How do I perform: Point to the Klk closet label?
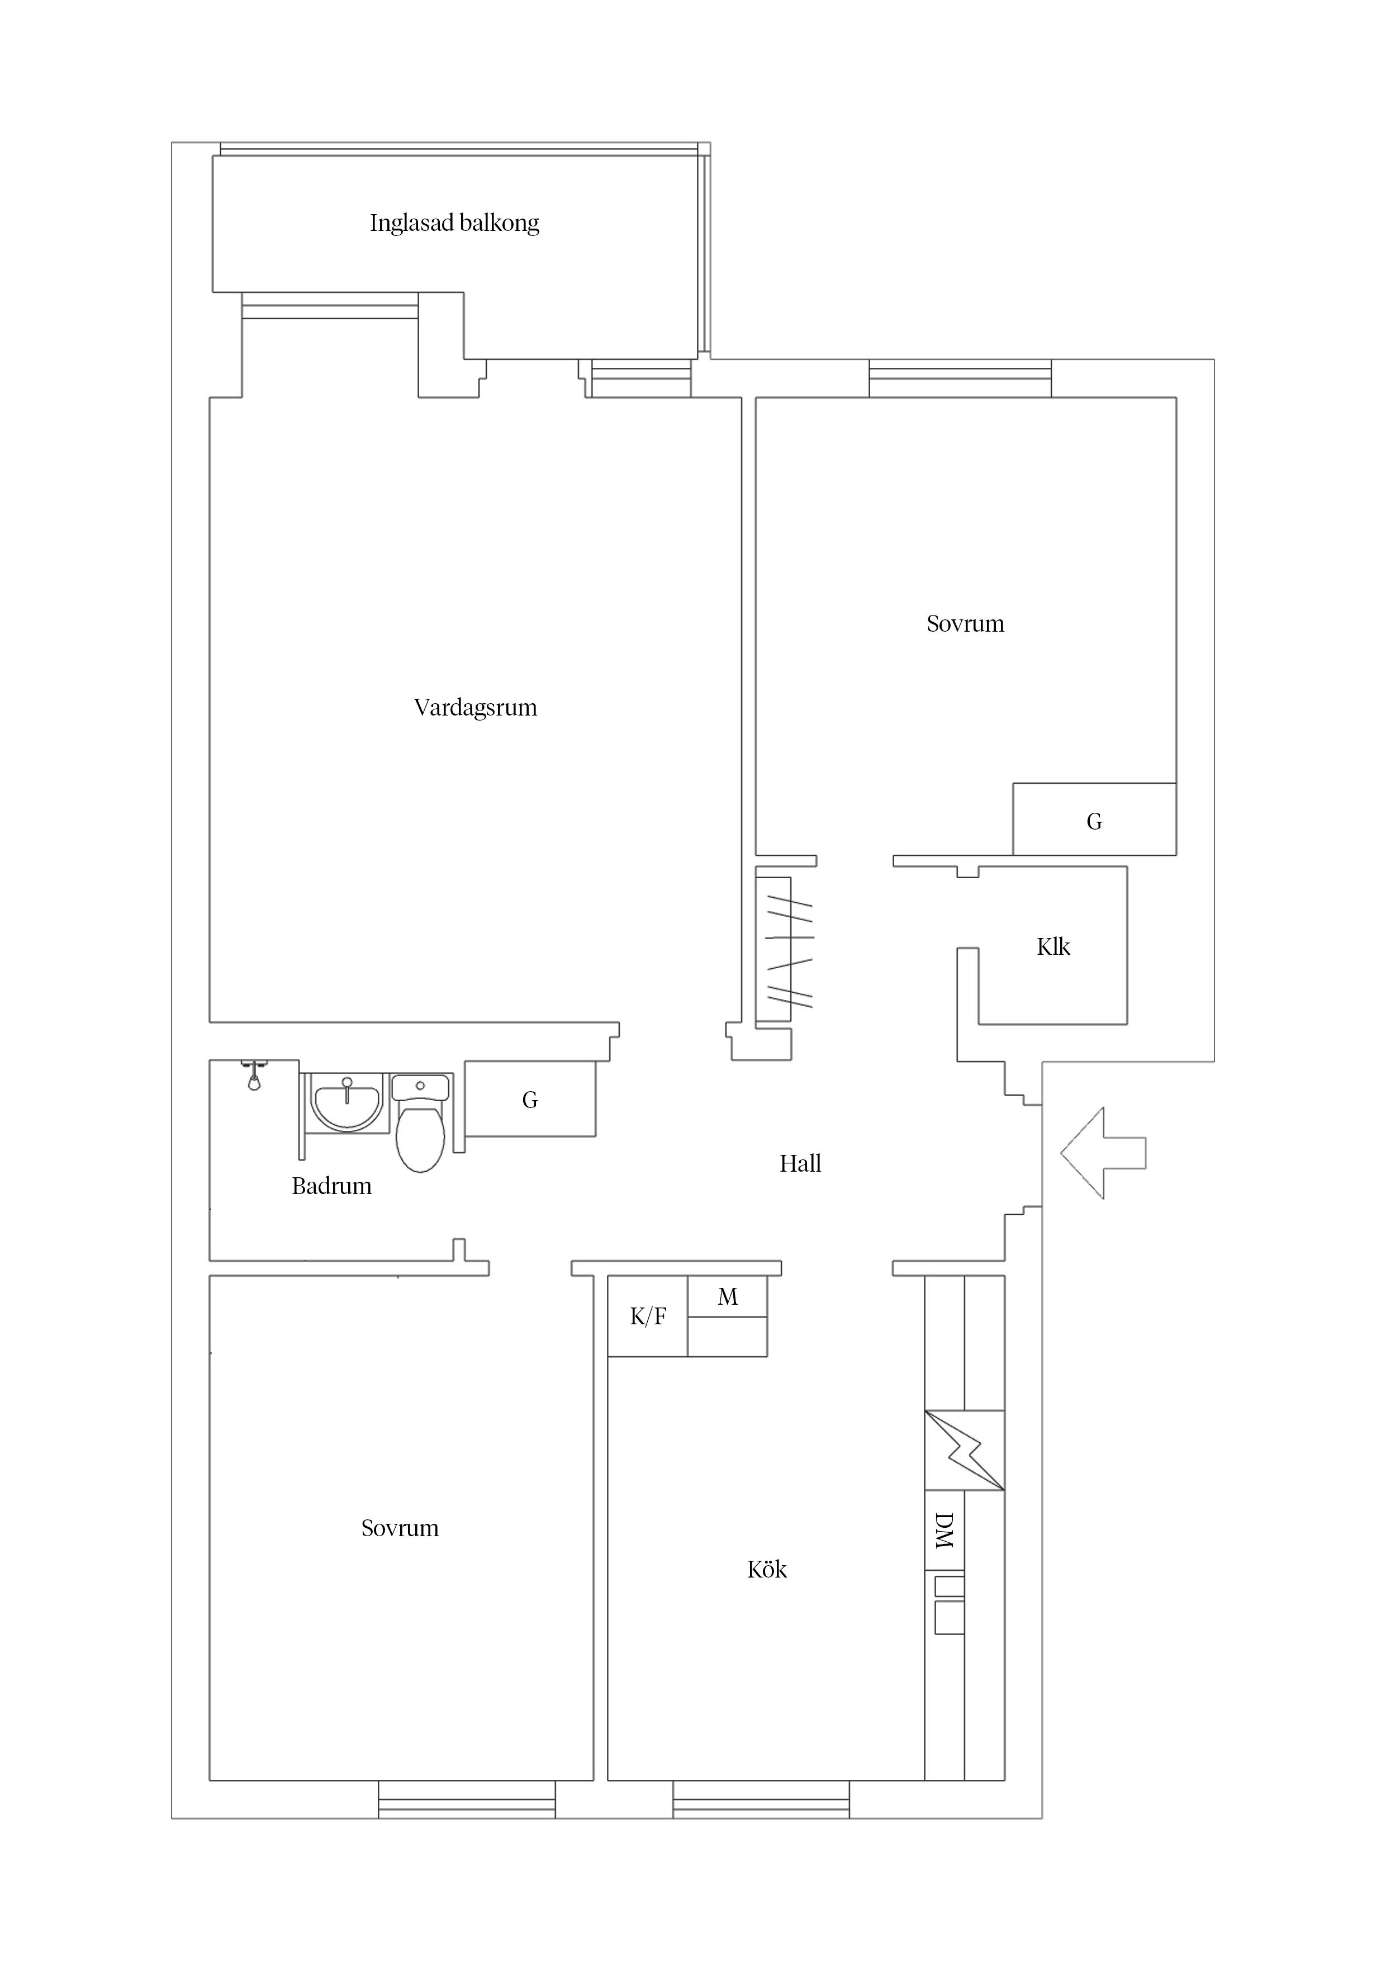tap(1052, 946)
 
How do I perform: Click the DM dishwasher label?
tap(943, 1531)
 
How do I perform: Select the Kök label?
tap(766, 1569)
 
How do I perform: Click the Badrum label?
tap(331, 1186)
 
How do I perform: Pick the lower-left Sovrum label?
tap(400, 1528)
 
